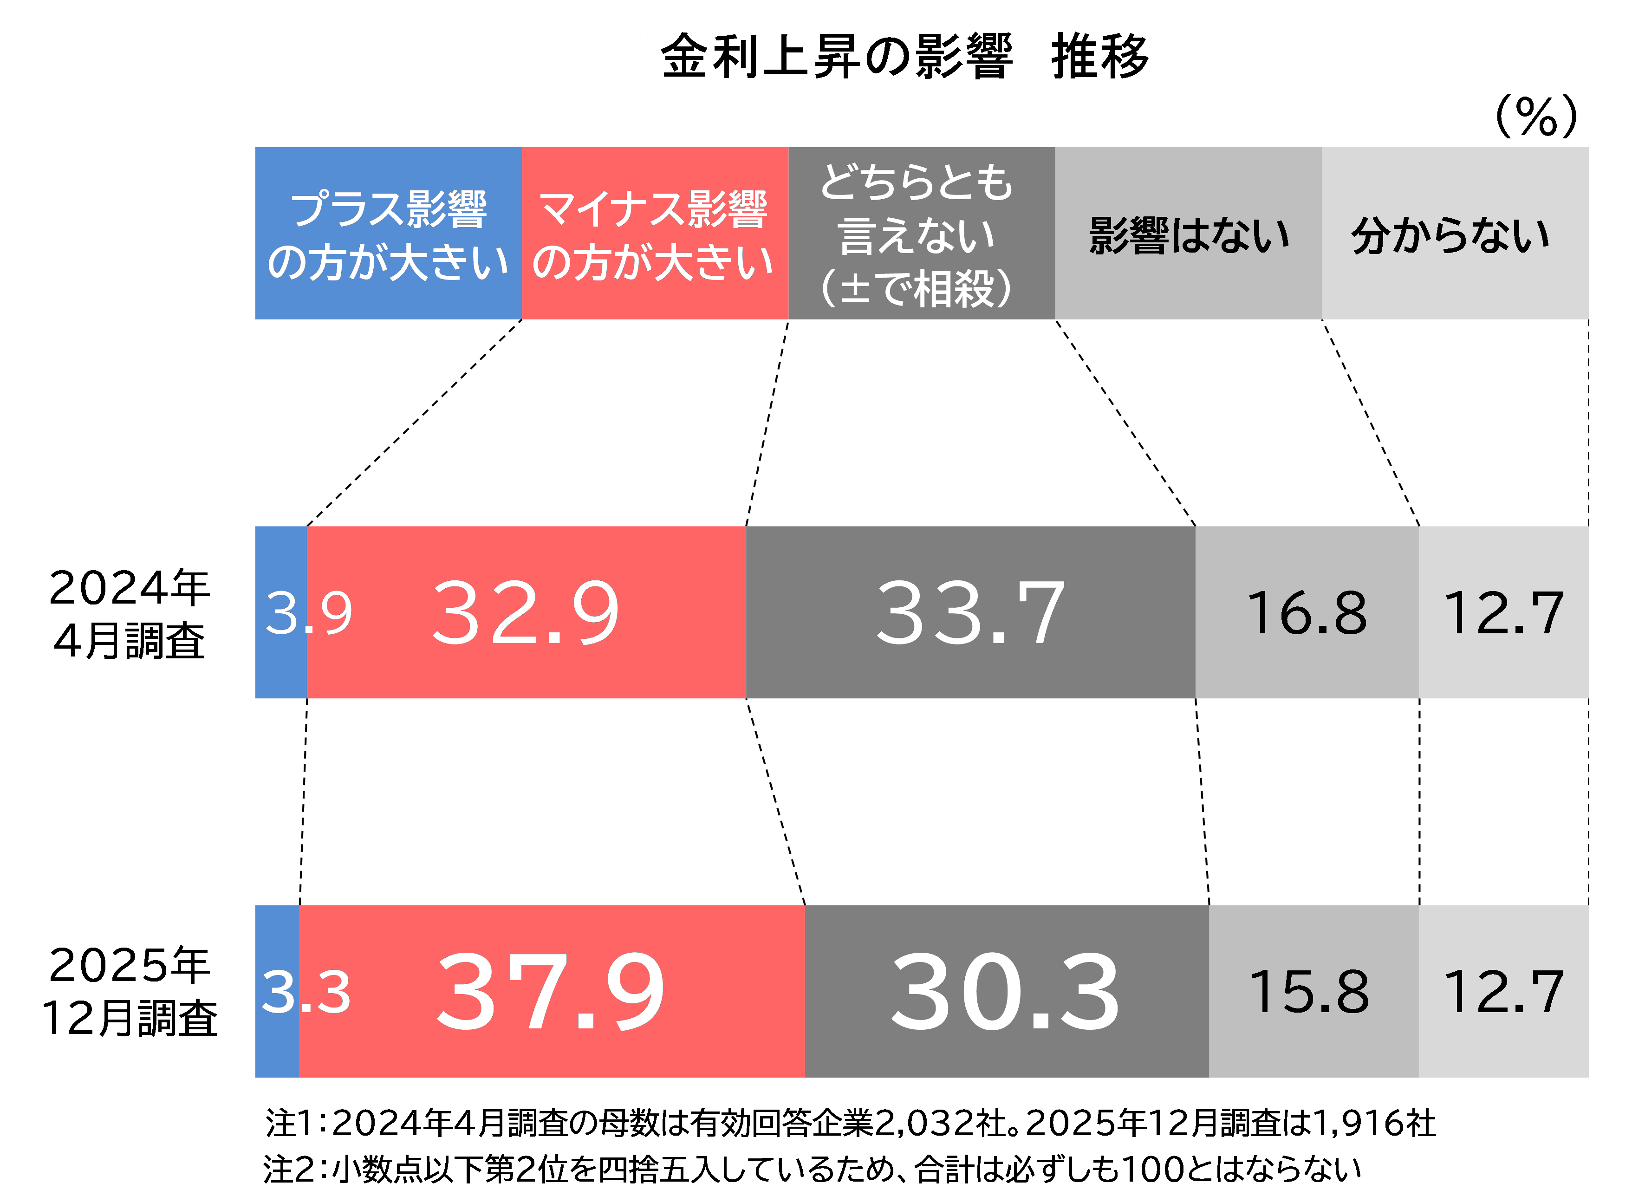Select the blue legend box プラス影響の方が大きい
(x=388, y=233)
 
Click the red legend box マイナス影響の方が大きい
(x=655, y=233)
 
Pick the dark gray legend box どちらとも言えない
(x=921, y=233)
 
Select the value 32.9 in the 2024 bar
(x=526, y=614)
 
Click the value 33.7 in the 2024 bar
(x=970, y=614)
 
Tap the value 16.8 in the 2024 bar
(x=1306, y=614)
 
